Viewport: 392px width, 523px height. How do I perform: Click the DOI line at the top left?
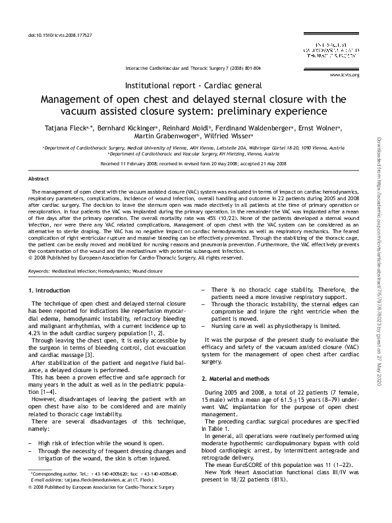coord(60,34)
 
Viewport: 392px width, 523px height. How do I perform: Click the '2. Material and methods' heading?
coord(235,378)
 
